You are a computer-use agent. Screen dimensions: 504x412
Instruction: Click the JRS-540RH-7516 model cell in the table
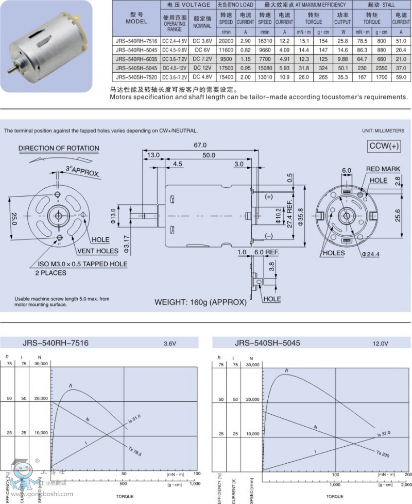133,41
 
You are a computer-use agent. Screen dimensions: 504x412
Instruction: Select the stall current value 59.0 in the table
401,77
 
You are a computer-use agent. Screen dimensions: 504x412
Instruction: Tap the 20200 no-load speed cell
226,41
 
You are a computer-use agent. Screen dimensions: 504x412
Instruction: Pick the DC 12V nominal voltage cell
202,68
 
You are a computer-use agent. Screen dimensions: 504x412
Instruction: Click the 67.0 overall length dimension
200,145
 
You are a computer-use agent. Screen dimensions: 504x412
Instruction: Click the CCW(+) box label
384,146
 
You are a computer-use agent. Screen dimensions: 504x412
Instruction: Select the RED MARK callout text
383,169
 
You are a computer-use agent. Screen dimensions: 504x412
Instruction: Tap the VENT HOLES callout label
98,251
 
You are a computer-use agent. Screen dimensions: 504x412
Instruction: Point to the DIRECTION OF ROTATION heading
59,149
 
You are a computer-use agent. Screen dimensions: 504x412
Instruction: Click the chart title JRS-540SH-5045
267,343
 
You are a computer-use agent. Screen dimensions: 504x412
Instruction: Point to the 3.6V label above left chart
170,343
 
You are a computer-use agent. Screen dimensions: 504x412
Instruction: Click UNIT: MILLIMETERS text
381,131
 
